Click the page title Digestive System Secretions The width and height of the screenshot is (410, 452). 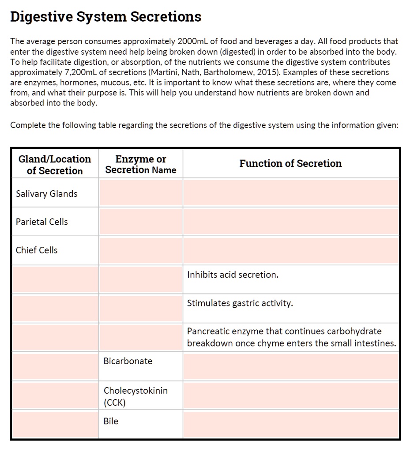[x=105, y=17]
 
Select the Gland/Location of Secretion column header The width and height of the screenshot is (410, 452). [x=55, y=165]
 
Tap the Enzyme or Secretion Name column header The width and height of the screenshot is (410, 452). [x=141, y=164]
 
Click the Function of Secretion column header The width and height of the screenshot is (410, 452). [x=290, y=163]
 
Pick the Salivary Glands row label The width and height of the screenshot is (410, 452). [x=46, y=194]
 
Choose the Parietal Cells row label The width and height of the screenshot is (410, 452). [x=42, y=222]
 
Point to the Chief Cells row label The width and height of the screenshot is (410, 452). [x=37, y=250]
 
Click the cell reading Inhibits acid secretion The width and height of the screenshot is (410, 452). [x=233, y=275]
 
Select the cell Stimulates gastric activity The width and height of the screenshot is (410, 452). [x=240, y=303]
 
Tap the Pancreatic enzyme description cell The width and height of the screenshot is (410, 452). [x=291, y=337]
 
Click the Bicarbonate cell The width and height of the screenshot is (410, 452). [x=128, y=361]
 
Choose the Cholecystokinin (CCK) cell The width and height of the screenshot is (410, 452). [x=135, y=396]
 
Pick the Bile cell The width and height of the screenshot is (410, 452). [x=111, y=421]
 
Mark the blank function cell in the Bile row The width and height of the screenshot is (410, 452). [x=291, y=424]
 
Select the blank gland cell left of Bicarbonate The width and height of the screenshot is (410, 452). [x=55, y=366]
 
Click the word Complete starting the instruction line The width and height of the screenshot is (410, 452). [x=28, y=125]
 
